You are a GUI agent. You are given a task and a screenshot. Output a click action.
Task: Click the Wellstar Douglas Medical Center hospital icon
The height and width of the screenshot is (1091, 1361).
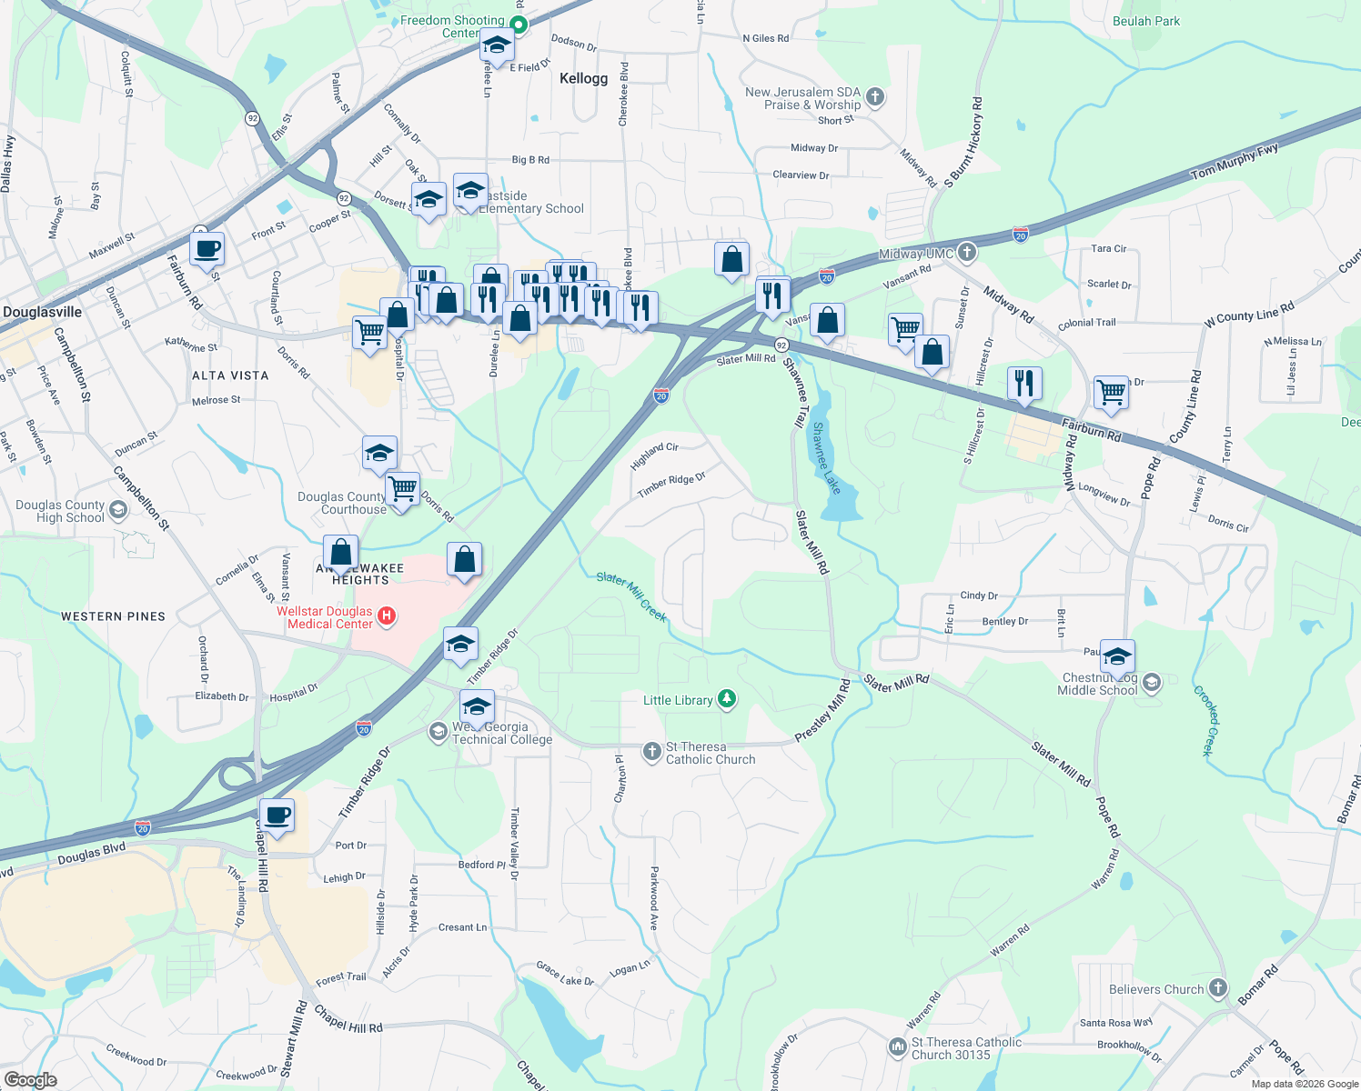[387, 617]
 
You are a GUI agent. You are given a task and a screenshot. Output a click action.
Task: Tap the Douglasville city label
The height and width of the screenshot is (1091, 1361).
[43, 312]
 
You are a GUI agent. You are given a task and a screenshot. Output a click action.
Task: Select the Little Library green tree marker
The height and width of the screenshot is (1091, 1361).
[726, 699]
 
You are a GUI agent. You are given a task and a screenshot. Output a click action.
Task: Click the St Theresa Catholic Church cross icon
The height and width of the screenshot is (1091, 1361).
[652, 752]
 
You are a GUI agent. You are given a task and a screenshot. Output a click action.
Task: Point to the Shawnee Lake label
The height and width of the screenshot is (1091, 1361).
[827, 458]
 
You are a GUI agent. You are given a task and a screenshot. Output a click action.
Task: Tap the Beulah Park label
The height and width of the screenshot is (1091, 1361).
[1146, 21]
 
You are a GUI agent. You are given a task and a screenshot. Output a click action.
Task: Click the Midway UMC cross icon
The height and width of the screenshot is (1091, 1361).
[967, 252]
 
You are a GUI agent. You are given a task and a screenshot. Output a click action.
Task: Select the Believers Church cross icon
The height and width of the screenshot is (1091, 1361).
[1218, 988]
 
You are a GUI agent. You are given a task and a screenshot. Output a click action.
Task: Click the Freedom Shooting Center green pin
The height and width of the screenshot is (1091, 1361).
[519, 25]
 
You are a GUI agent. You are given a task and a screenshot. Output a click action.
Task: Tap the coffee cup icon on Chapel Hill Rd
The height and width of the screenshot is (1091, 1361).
[277, 815]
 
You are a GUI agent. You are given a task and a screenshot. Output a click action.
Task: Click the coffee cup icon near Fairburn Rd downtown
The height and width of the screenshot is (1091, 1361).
[207, 248]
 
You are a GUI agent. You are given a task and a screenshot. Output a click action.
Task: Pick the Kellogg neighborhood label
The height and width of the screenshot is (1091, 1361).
[583, 78]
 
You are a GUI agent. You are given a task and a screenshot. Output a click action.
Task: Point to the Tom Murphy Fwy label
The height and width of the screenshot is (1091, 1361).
[1235, 161]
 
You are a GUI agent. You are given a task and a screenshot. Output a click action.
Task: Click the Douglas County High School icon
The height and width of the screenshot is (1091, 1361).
[118, 510]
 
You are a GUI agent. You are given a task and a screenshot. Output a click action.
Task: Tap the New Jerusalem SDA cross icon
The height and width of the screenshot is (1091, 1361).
[874, 97]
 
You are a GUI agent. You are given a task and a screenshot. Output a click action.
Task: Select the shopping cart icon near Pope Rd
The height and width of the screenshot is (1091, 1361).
[1111, 393]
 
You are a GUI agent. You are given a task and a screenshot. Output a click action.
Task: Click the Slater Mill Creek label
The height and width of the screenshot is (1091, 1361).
[632, 596]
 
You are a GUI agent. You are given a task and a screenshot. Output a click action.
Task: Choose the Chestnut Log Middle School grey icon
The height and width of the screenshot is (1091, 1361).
[1151, 683]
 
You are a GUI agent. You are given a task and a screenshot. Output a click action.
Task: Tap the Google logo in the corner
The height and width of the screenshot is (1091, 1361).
[30, 1079]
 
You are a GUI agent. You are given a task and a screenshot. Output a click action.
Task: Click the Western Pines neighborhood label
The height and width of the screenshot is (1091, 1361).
[113, 616]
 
